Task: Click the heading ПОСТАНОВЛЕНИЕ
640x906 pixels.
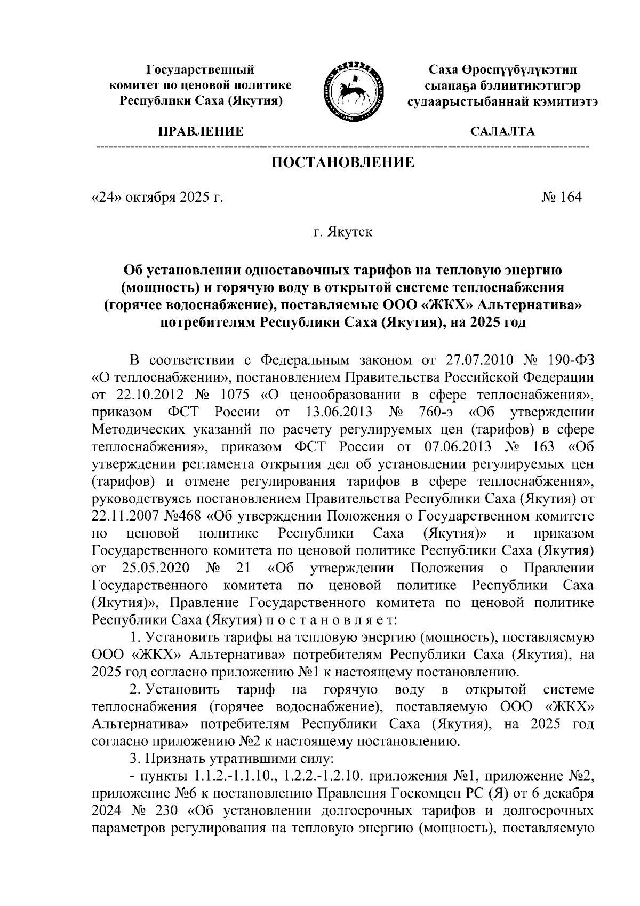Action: (343, 162)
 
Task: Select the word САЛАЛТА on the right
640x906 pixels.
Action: (502, 131)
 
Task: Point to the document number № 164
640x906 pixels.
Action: (561, 198)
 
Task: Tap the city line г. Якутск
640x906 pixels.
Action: (343, 232)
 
